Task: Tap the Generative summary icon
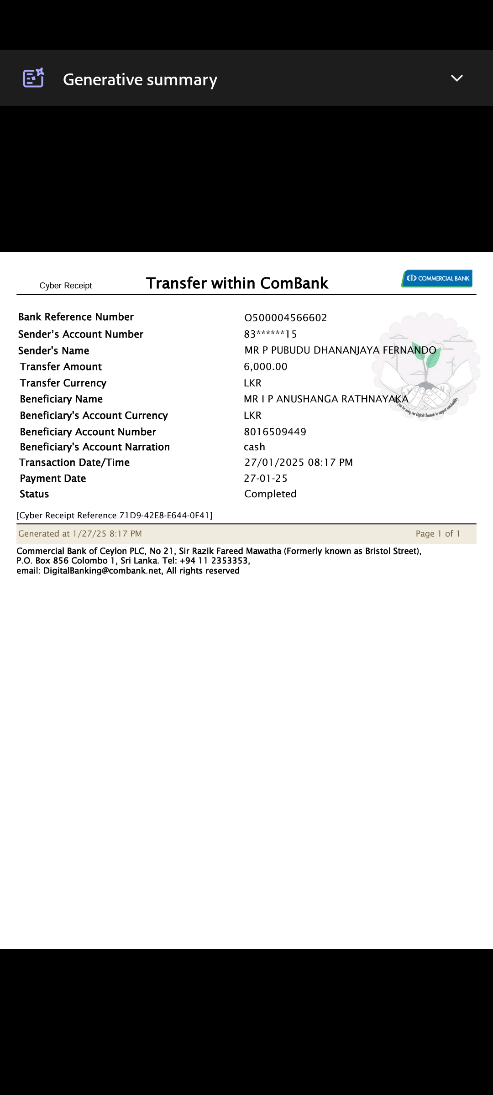tap(33, 78)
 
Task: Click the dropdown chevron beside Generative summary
tap(456, 78)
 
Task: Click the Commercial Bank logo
tap(437, 278)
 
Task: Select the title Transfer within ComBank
tap(237, 283)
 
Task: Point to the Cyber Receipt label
tap(66, 286)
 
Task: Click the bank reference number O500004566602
tap(286, 318)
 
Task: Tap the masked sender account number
tap(270, 334)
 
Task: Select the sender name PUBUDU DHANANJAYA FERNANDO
tap(340, 350)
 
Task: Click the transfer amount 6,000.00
tap(266, 367)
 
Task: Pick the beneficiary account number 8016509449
tap(275, 432)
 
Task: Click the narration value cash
tap(254, 447)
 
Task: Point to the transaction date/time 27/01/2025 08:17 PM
tap(299, 463)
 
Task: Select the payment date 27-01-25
tap(266, 479)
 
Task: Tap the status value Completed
tap(270, 494)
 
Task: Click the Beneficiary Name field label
tap(61, 399)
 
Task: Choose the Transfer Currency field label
tap(63, 383)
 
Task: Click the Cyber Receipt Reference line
tap(115, 516)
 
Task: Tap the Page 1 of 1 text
tap(438, 534)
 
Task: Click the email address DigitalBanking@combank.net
tap(102, 571)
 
